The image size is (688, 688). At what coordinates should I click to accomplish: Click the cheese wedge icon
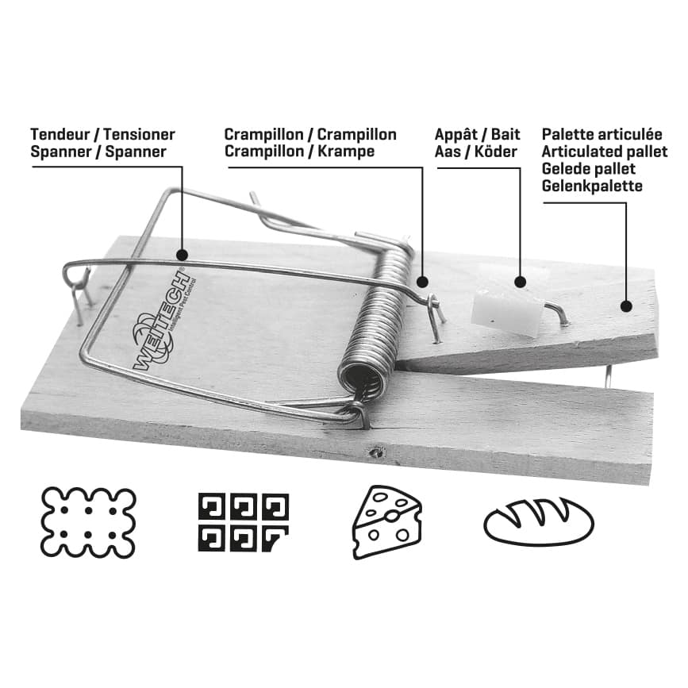[x=386, y=521]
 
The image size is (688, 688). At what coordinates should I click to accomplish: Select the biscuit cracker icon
[x=88, y=521]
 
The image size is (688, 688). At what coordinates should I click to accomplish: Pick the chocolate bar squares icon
[x=243, y=521]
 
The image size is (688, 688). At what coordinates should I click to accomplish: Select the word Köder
[x=498, y=151]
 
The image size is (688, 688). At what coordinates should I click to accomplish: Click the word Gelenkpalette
[x=592, y=186]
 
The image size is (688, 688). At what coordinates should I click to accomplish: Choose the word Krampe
[x=344, y=151]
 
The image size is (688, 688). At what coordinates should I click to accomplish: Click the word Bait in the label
[x=505, y=134]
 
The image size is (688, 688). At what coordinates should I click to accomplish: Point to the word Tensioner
[x=139, y=134]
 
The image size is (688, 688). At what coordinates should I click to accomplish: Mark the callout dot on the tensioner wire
[x=182, y=256]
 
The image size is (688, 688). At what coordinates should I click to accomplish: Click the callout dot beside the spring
[x=422, y=281]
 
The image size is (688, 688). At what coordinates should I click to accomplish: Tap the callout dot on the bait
[x=520, y=281]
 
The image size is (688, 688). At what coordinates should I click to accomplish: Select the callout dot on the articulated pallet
[x=625, y=306]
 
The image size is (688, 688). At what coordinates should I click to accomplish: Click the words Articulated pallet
[x=605, y=152]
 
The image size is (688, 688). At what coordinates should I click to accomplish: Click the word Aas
[x=448, y=151]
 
